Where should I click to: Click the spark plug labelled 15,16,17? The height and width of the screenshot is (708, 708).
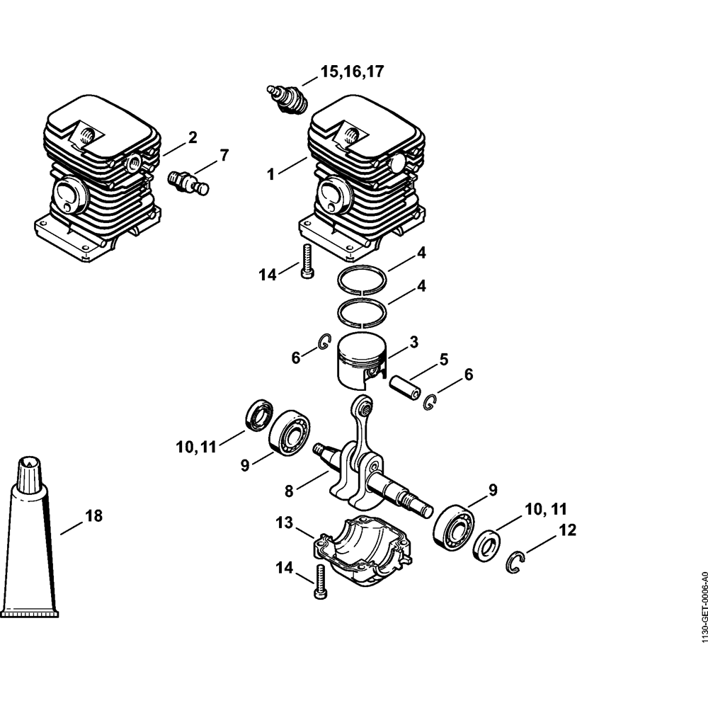287,99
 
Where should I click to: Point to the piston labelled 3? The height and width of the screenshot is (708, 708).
361,360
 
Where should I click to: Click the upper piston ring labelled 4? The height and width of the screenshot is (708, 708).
362,279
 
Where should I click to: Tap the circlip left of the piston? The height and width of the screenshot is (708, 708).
322,341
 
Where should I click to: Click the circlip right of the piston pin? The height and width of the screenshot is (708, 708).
430,403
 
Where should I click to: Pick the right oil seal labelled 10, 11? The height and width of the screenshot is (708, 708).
486,545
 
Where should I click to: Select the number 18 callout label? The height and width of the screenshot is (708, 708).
93,516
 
